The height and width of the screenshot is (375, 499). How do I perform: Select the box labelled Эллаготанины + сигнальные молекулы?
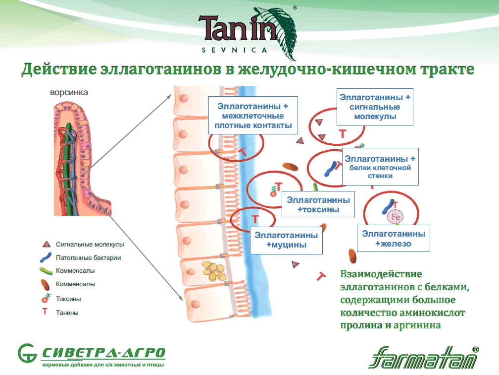[374, 107]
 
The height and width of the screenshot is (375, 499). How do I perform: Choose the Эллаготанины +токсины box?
[318, 205]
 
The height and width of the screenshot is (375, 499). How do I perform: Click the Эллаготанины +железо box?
[393, 239]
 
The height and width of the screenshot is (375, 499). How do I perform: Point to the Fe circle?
[395, 217]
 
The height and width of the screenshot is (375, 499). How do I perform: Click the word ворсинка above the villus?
[69, 92]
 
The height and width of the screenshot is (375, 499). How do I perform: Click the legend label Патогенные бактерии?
[89, 257]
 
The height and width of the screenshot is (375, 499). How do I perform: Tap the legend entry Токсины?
[69, 299]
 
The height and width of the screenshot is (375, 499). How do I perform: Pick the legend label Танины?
[67, 312]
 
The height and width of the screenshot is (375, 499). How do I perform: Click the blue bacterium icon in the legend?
[48, 257]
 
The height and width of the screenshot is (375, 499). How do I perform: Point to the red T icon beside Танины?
[46, 312]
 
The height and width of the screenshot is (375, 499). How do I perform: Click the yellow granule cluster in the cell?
[214, 271]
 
